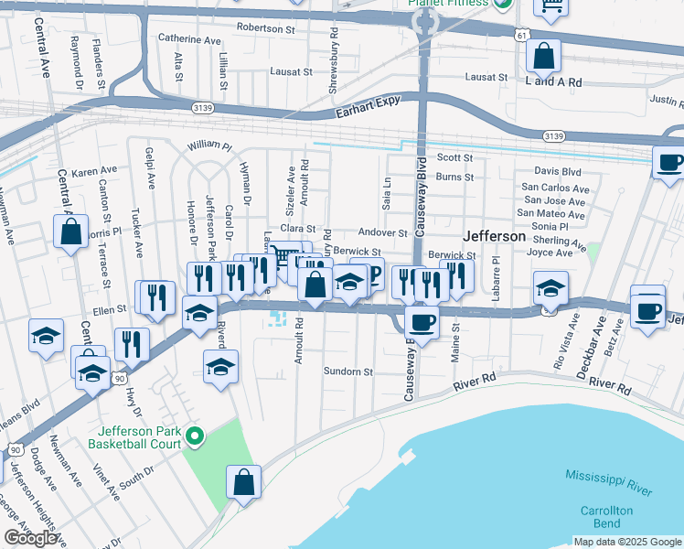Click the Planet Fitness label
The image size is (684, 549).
click(447, 5)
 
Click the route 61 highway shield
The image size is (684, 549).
click(520, 35)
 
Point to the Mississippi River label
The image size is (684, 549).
click(609, 483)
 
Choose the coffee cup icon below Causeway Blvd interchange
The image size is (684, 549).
click(422, 322)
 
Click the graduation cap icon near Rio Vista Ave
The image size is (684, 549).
click(550, 288)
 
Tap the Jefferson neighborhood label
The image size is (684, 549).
click(494, 236)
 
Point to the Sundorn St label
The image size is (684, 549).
click(348, 372)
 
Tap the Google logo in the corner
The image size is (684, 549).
click(30, 537)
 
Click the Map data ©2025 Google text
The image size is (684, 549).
click(626, 542)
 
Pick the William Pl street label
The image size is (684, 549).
click(209, 145)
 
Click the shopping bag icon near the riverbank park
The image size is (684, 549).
click(244, 482)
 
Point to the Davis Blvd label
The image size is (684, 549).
click(558, 171)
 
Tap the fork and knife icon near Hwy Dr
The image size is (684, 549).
click(133, 344)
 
